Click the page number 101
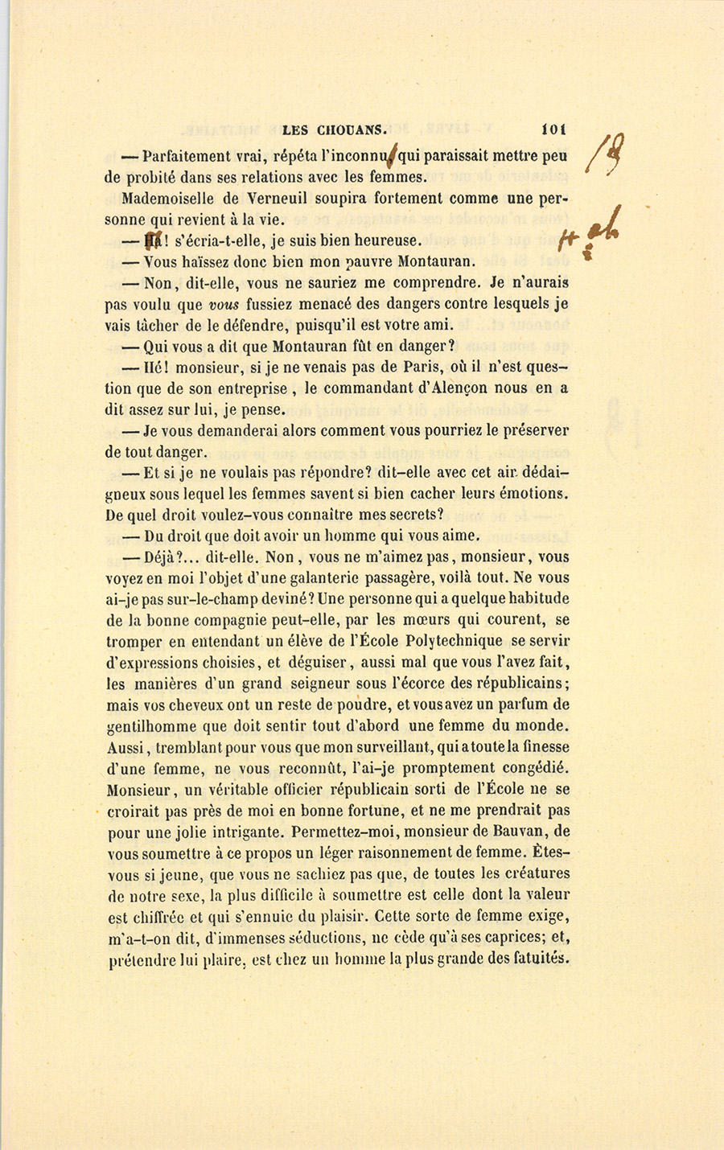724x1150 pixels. coord(554,127)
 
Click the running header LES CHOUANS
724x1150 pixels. coord(335,128)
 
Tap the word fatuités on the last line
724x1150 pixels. coord(539,958)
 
